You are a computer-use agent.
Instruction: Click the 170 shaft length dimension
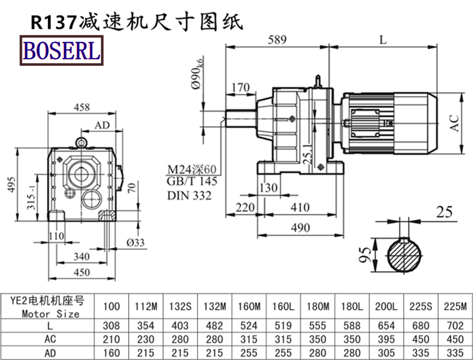pyautogui.click(x=240, y=88)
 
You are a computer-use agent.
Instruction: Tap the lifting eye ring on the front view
pyautogui.click(x=81, y=142)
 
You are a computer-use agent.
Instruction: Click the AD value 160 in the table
pyautogui.click(x=111, y=353)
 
